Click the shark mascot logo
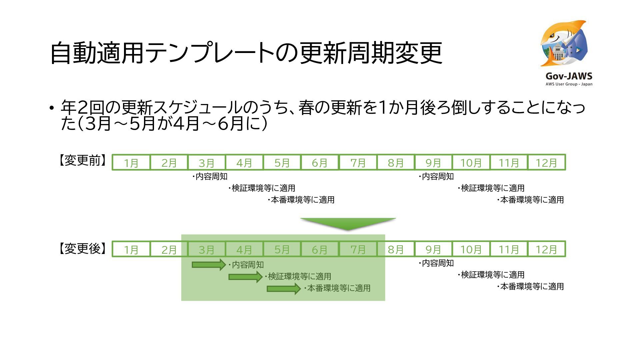pos(563,43)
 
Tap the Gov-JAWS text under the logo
pos(569,76)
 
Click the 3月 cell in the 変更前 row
pos(207,163)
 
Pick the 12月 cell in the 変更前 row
pos(546,163)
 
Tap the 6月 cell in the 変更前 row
pos(320,163)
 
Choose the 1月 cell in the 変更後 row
pos(131,249)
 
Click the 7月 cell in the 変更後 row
pos(358,249)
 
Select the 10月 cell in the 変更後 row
pos(471,249)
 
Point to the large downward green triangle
pos(348,224)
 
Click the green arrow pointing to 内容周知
pos(209,265)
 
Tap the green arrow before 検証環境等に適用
pos(245,277)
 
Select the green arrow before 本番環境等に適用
pos(283,288)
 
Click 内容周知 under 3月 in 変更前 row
pos(211,176)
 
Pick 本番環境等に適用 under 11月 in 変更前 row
pos(531,200)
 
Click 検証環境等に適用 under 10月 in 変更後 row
pos(492,275)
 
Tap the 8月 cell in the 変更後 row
pos(396,249)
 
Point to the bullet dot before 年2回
pos(51,108)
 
